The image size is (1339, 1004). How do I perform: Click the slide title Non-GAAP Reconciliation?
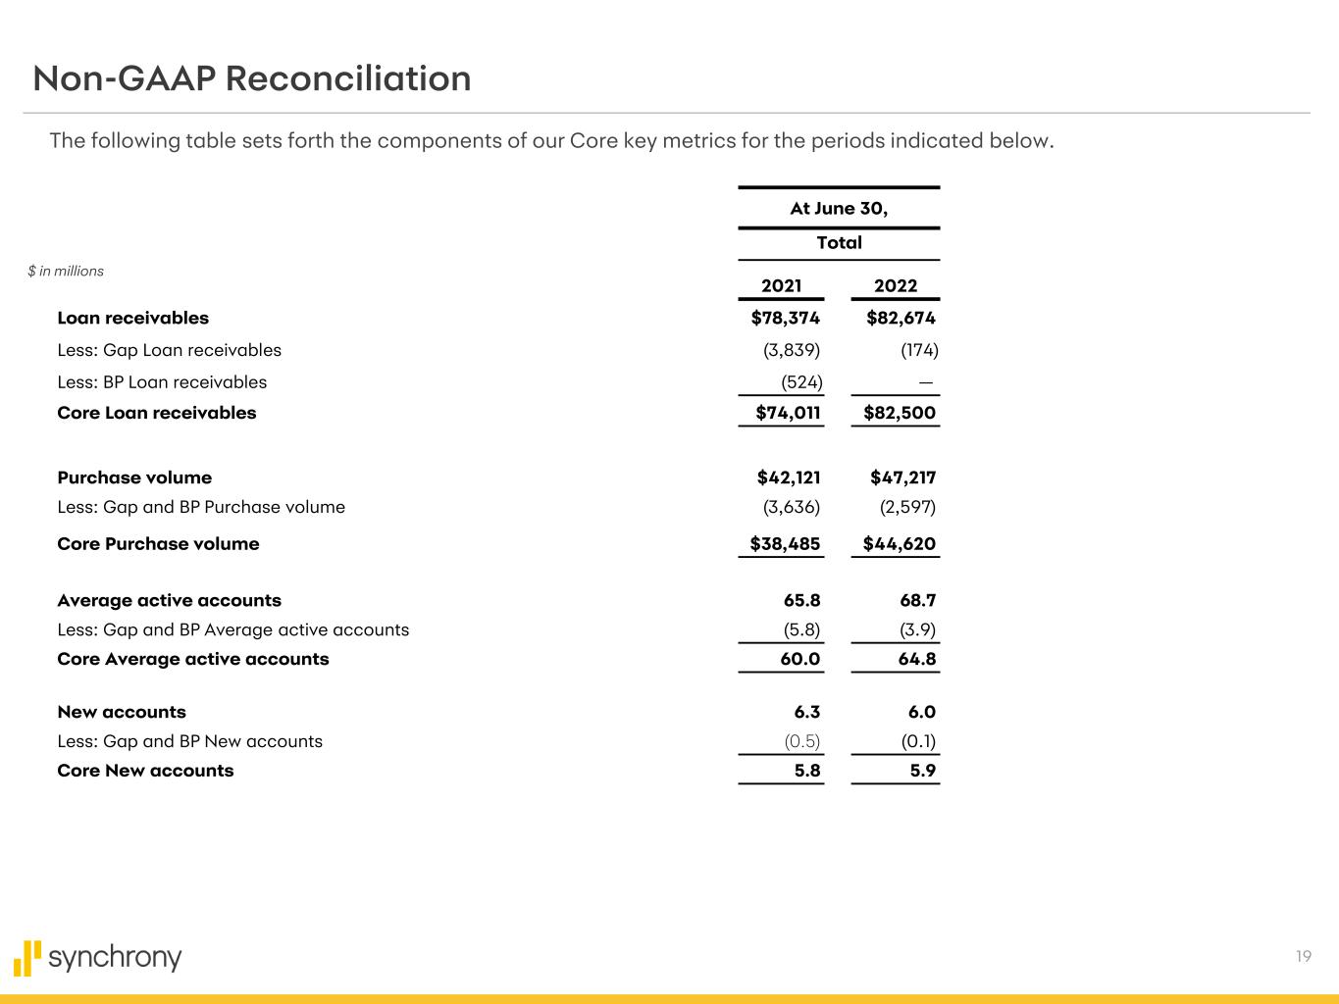point(252,78)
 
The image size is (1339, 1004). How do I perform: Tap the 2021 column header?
point(781,285)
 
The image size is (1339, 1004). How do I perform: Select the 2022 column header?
point(895,285)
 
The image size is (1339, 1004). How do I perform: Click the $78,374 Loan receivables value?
point(785,318)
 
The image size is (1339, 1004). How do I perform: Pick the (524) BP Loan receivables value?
point(801,382)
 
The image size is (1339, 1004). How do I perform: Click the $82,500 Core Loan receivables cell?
point(899,413)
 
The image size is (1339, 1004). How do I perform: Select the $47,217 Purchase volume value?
point(902,477)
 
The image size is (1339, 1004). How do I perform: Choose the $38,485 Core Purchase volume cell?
point(785,543)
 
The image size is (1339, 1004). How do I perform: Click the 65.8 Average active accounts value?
point(799,600)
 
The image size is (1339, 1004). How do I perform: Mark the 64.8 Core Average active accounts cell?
point(916,659)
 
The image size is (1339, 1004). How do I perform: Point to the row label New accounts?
point(122,712)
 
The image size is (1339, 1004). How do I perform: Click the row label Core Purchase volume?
point(158,543)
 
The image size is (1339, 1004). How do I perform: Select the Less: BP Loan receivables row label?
point(162,382)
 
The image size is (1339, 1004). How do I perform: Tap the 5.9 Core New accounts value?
point(922,771)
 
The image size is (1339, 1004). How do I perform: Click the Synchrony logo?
point(98,958)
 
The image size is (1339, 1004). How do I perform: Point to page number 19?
point(1303,957)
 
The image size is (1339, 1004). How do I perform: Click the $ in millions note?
point(66,272)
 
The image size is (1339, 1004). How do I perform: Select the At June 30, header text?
point(839,208)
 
